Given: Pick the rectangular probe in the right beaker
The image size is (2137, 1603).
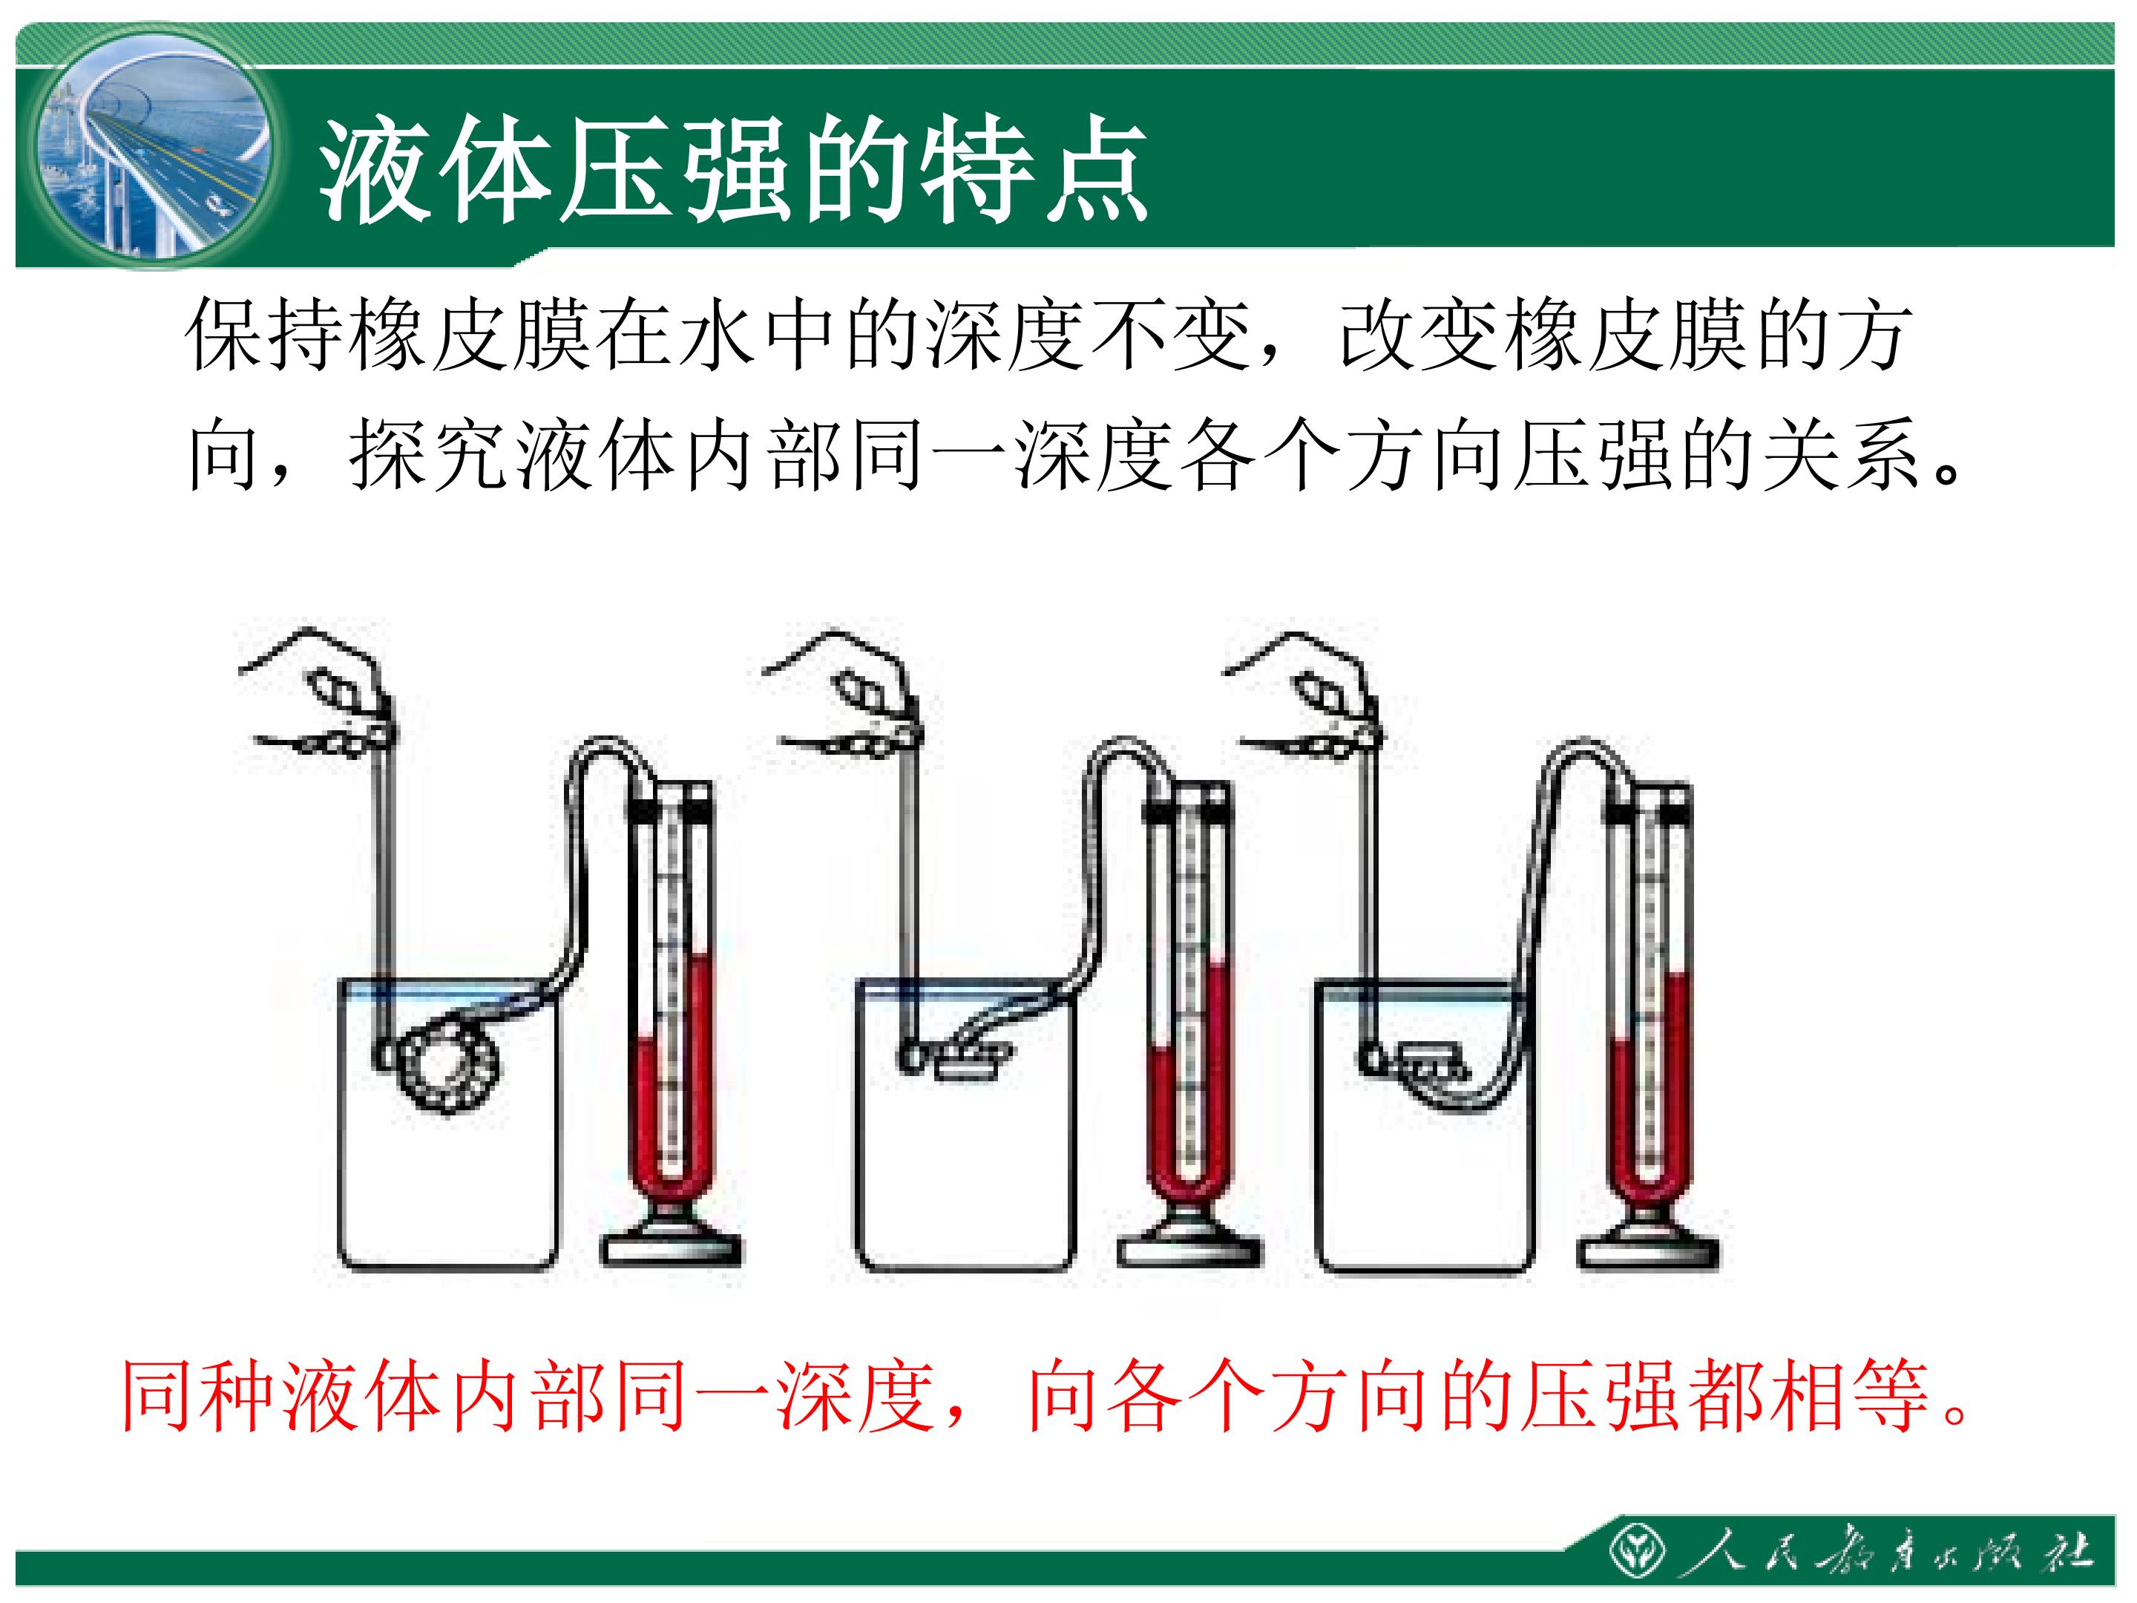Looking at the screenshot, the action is tap(1433, 1063).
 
